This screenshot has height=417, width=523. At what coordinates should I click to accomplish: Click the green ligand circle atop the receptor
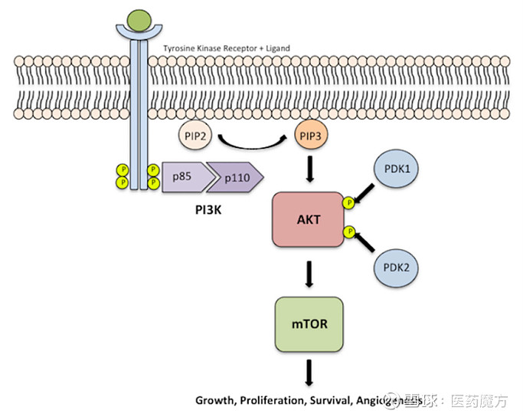[139, 17]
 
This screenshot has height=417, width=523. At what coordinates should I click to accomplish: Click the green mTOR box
[310, 324]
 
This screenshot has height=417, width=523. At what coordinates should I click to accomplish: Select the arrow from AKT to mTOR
[310, 272]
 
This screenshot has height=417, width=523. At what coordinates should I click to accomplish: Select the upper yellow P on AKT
[349, 203]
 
